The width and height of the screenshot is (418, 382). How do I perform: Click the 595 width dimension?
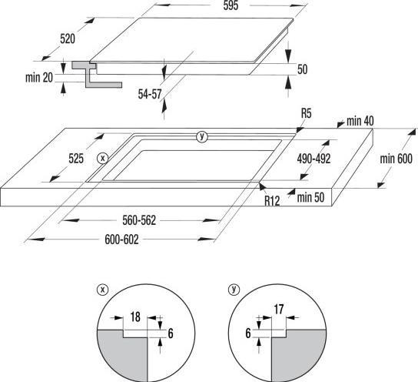tap(231, 5)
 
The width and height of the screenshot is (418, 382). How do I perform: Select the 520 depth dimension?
tap(68, 39)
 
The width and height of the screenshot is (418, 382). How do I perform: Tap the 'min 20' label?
tap(39, 78)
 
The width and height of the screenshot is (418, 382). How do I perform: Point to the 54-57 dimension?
tap(150, 94)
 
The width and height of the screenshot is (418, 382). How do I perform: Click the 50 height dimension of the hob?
tap(302, 69)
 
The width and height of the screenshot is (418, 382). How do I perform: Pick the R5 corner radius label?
tap(307, 113)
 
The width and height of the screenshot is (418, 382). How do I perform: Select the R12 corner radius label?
tap(272, 200)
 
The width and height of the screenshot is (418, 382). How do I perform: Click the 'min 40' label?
tap(360, 121)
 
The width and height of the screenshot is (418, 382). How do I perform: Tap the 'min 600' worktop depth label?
tap(396, 159)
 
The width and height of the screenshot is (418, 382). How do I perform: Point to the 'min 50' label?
tap(310, 198)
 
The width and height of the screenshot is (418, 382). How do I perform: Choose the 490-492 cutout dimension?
tap(313, 159)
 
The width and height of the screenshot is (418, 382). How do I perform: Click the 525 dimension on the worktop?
tap(76, 159)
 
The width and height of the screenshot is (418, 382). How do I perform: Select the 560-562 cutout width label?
tap(139, 220)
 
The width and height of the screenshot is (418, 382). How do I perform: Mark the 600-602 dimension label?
tap(121, 240)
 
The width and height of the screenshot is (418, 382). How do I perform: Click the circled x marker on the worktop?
tap(102, 159)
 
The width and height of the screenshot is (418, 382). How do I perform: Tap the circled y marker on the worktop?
tap(202, 136)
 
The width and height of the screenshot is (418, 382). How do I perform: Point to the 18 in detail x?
tap(135, 317)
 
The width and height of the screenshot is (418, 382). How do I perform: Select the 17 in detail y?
tap(279, 310)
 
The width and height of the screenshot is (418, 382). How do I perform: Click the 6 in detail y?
tap(248, 333)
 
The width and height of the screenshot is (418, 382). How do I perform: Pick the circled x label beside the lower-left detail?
tap(103, 290)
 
